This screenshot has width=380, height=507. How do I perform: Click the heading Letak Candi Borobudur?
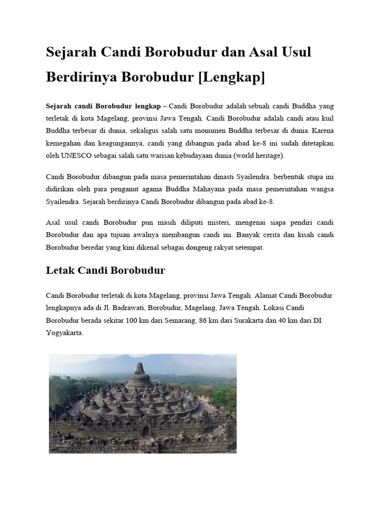tap(105, 270)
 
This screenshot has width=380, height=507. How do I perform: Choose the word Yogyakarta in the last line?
tap(64, 334)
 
